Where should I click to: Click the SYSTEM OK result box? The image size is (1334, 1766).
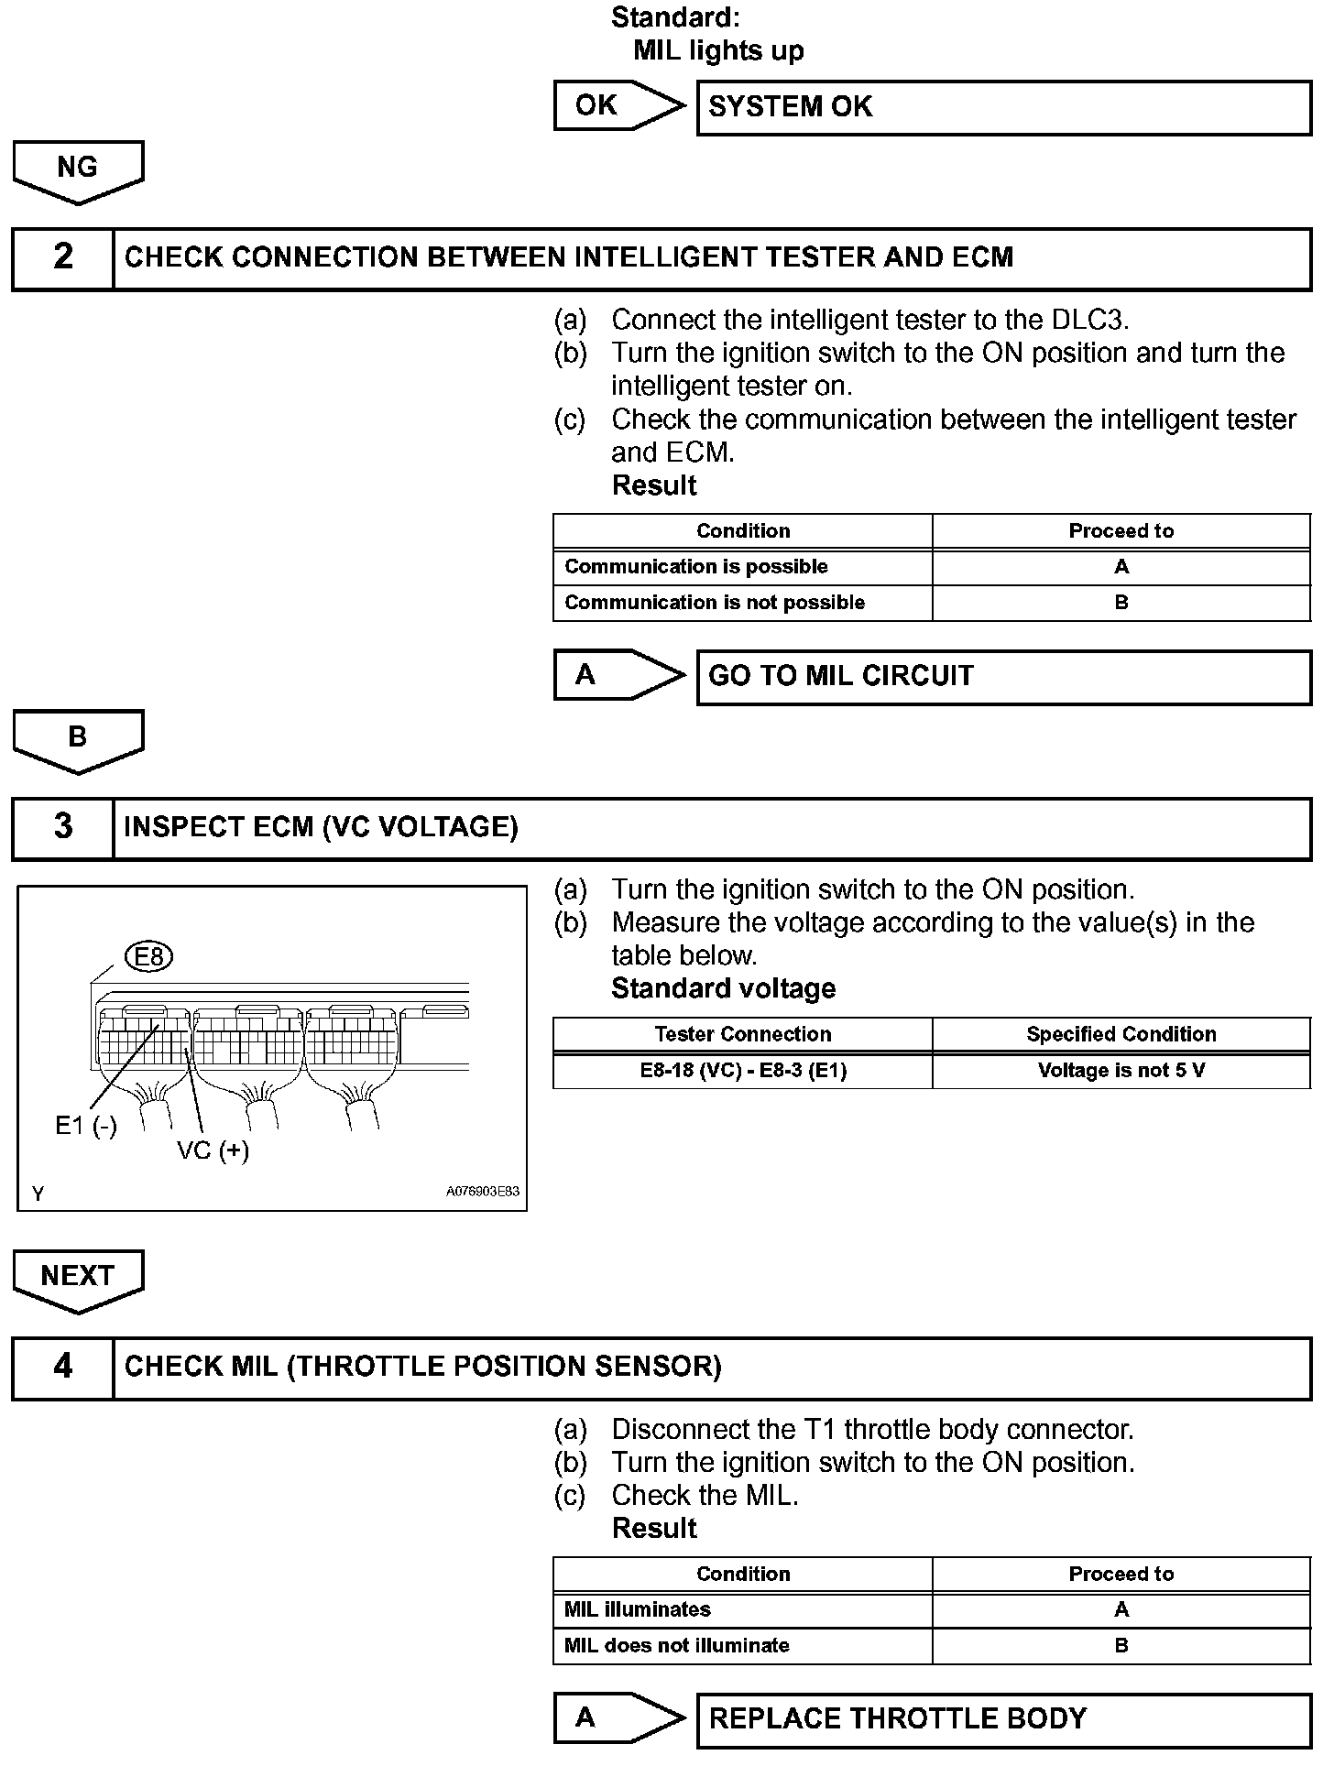[1003, 108]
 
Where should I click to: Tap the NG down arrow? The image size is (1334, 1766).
[78, 169]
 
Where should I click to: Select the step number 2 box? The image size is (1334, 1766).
[62, 258]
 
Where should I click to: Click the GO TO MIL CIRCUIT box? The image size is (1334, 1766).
[1003, 677]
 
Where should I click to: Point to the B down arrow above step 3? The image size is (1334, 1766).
[78, 738]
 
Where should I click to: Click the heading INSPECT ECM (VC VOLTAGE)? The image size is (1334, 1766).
[322, 828]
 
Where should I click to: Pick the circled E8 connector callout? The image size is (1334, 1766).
[149, 957]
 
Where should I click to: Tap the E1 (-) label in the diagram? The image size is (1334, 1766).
[86, 1126]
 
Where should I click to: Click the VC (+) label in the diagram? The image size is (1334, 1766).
[213, 1150]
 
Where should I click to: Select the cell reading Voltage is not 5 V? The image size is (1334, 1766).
[1121, 1071]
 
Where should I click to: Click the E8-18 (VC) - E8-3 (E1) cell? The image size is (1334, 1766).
[743, 1071]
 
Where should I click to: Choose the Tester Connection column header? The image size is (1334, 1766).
[743, 1034]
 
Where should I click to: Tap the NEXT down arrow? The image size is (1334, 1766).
[78, 1278]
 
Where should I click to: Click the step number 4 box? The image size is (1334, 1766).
[62, 1368]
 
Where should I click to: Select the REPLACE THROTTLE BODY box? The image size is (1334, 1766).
[1003, 1719]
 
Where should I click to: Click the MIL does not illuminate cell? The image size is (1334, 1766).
[743, 1646]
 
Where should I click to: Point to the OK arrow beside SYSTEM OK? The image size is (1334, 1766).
[617, 106]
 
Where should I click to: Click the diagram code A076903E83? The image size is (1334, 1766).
[482, 1192]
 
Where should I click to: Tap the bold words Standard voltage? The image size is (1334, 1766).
[724, 989]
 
